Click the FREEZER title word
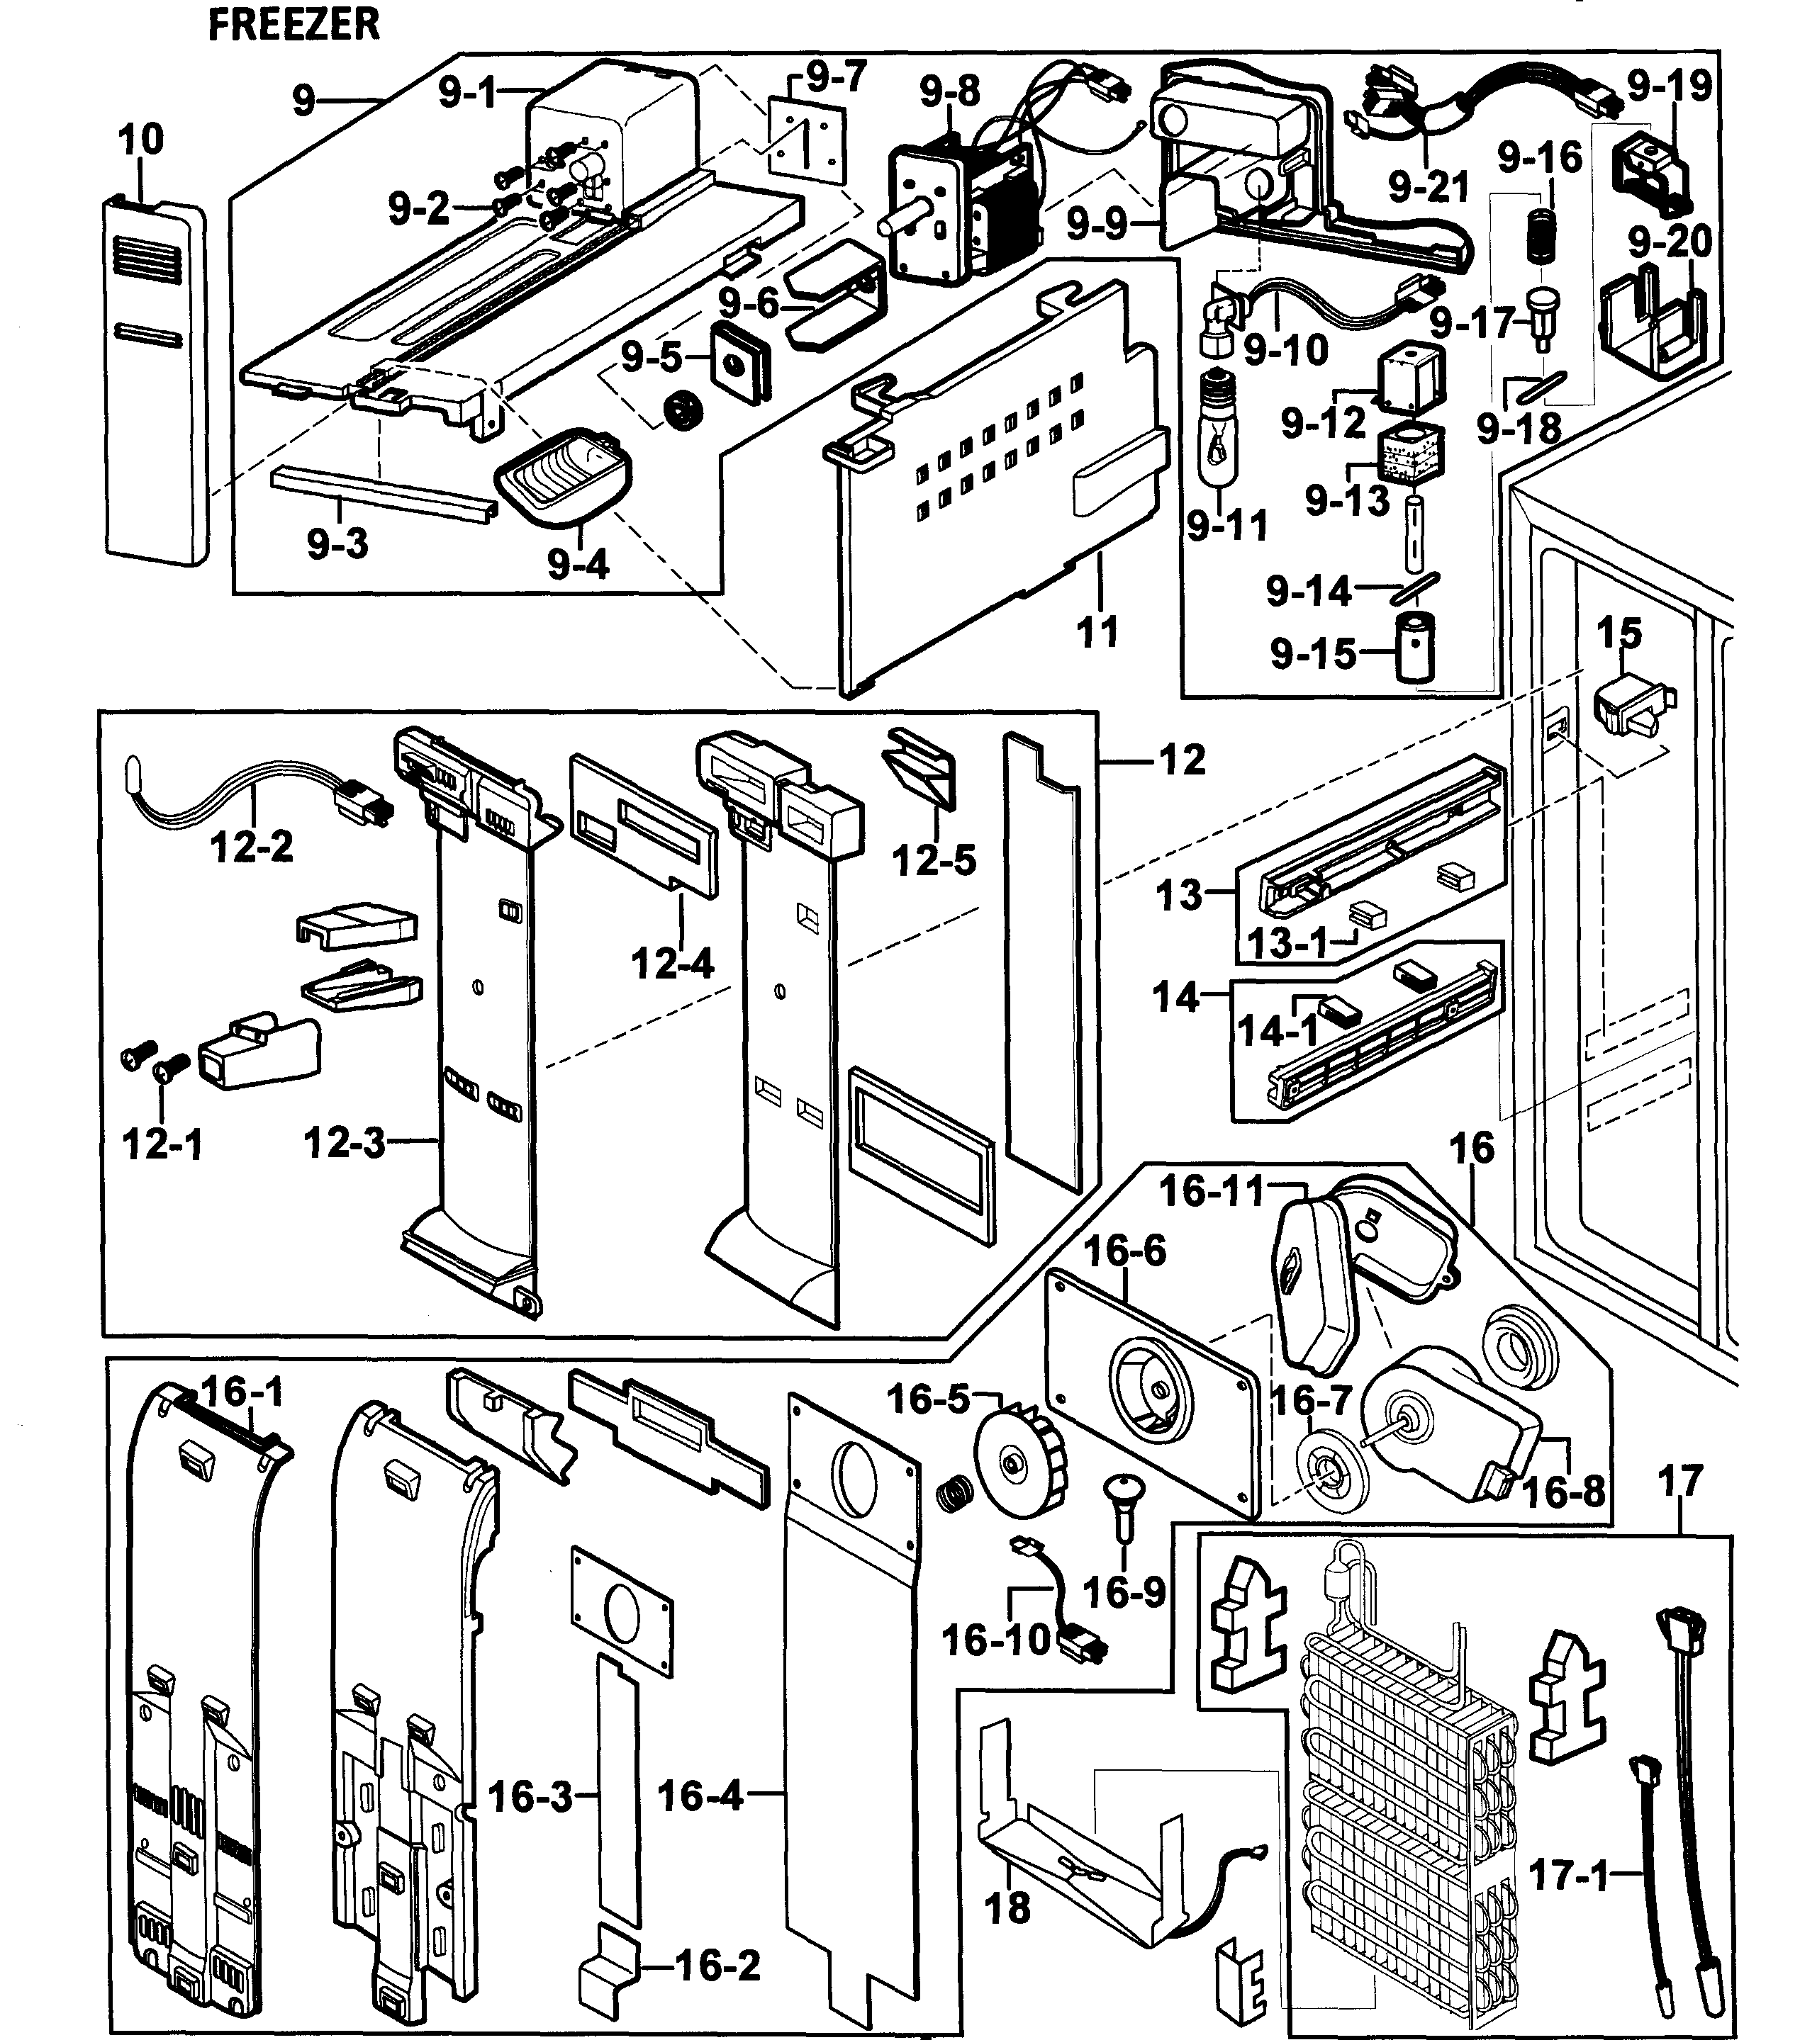coord(294,25)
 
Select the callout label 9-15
coord(1313,655)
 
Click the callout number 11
coord(1097,632)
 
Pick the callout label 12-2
coord(252,847)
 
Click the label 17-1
coord(1568,1876)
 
